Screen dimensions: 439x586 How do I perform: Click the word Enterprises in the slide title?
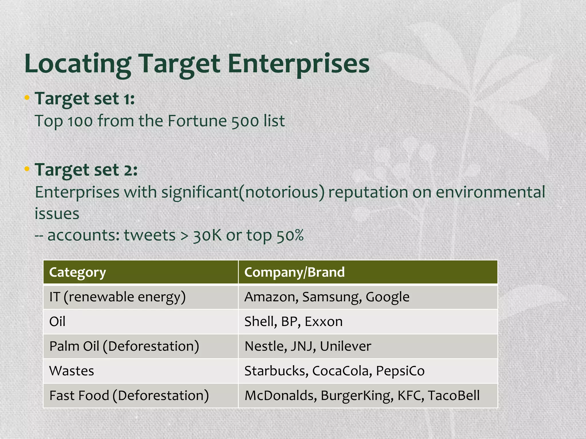(x=298, y=64)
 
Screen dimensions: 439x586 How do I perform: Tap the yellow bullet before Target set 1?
(x=27, y=98)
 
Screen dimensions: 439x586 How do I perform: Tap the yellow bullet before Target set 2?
(x=27, y=169)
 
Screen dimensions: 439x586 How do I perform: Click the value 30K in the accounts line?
(x=207, y=235)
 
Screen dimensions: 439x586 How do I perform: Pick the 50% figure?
(x=290, y=235)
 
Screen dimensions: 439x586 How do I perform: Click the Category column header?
(x=78, y=272)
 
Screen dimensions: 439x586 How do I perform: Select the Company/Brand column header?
(x=294, y=272)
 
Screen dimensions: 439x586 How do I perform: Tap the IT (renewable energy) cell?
(x=117, y=297)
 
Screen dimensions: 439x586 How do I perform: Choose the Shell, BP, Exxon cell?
(x=293, y=322)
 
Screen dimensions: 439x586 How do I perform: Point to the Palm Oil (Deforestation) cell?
(x=124, y=346)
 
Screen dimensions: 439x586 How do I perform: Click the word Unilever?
(x=345, y=346)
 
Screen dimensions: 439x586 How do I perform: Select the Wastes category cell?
(x=72, y=371)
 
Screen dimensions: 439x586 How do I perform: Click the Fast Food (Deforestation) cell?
(x=129, y=396)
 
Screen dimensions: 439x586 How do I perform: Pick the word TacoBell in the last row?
(x=454, y=396)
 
